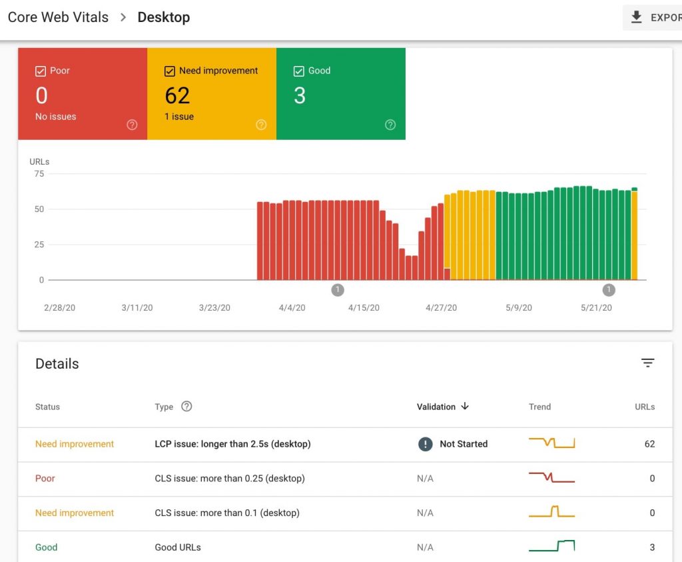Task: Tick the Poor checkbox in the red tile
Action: coord(41,71)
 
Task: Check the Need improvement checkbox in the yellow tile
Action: coord(170,71)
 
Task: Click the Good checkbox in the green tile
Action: coord(299,71)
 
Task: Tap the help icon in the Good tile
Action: coord(390,125)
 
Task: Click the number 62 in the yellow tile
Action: coord(178,96)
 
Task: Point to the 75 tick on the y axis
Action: coord(39,174)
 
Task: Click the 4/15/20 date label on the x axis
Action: coord(364,308)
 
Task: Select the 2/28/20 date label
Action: coord(60,308)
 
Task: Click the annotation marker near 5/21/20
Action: coord(609,289)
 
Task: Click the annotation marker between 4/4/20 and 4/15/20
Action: coord(338,289)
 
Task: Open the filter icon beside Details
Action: coord(647,363)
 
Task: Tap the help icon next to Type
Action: coord(186,406)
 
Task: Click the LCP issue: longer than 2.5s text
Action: coord(232,444)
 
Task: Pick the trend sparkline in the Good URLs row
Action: coord(551,546)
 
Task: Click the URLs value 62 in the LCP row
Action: coord(649,444)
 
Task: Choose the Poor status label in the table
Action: coord(45,479)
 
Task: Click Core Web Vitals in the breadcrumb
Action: coord(58,17)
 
